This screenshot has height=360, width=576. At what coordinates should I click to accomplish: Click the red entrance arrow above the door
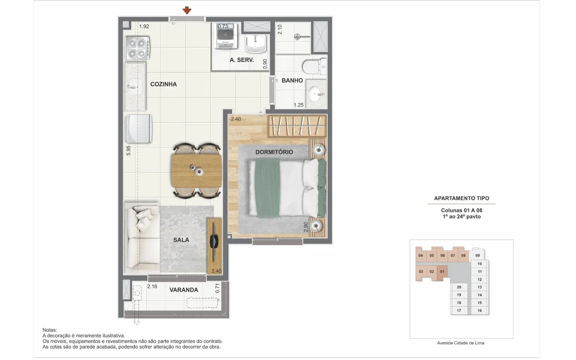coord(187,10)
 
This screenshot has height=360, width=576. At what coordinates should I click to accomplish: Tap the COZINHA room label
coord(164,84)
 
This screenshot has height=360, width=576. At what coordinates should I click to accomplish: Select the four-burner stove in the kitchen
coord(137,48)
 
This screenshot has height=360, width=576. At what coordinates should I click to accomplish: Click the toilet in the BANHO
coord(314,66)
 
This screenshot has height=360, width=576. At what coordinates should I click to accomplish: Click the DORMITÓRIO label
coord(274,152)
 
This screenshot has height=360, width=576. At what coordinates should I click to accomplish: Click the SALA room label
coord(181,240)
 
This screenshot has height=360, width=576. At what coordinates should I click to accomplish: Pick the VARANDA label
coord(184,290)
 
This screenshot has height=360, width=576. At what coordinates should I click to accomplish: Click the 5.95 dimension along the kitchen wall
coord(128,150)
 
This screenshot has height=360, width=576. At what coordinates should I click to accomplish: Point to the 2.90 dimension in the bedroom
coord(306,227)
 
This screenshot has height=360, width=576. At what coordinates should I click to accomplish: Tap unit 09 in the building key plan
coord(478,255)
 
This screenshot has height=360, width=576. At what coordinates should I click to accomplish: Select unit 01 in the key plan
coord(442,272)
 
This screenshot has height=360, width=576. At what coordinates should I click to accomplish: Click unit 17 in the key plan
coord(459,311)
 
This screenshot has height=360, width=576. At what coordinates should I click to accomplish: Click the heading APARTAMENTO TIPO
coord(462,198)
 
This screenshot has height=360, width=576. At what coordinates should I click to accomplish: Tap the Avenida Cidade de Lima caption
coord(460,343)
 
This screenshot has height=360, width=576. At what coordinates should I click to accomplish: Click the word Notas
coord(50,330)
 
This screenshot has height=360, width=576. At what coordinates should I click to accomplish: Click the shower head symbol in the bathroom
coord(297,37)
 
